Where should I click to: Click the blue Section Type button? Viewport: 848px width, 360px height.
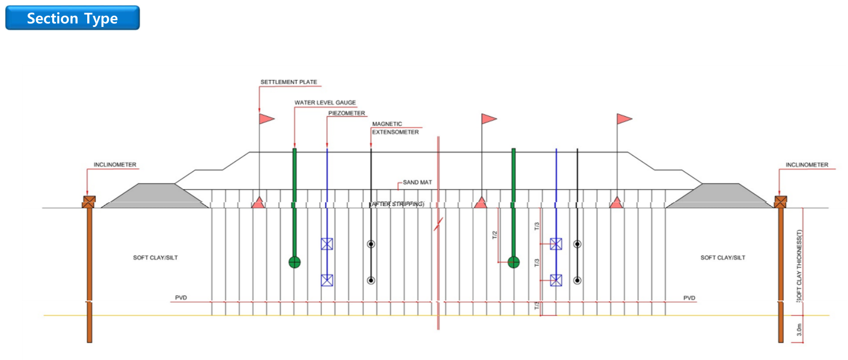(72, 18)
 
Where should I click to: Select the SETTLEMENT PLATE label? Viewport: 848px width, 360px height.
(289, 82)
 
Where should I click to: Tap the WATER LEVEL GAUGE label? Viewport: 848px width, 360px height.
(325, 103)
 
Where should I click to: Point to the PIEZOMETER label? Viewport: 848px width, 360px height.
(346, 114)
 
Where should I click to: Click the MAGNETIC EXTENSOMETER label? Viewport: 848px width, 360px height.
(395, 128)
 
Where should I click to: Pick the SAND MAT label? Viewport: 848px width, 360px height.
(417, 182)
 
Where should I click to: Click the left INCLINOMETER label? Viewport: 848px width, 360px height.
(115, 165)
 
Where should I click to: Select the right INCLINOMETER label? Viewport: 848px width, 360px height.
(807, 165)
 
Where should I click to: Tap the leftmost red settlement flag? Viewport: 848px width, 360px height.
(266, 118)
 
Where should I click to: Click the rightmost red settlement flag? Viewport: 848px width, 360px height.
(623, 118)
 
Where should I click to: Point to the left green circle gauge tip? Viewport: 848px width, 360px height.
(295, 263)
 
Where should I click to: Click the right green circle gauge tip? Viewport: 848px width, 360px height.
(514, 263)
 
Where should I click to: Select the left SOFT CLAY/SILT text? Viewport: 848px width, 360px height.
(155, 258)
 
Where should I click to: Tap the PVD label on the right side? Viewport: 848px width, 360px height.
(689, 298)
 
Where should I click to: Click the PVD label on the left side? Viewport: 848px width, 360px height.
(181, 298)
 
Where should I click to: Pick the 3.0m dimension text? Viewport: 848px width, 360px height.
(799, 330)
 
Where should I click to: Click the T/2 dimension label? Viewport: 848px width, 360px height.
(495, 235)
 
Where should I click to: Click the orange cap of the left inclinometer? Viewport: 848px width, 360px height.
(89, 202)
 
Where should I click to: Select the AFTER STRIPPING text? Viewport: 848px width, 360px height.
(397, 204)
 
